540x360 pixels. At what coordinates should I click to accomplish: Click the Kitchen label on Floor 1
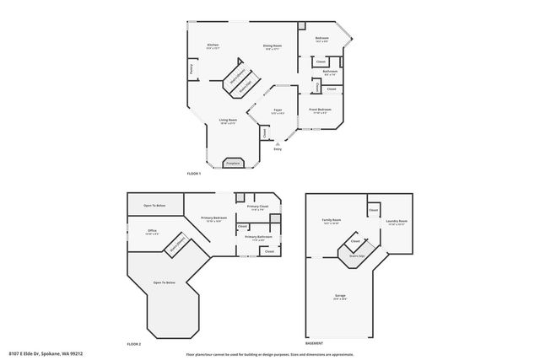(213, 45)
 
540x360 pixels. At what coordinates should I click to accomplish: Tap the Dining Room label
(272, 46)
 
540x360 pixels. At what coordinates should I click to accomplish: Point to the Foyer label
(277, 110)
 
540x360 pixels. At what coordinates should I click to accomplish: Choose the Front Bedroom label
(320, 110)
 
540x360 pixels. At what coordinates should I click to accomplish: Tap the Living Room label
(228, 120)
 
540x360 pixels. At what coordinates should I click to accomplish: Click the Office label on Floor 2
(152, 230)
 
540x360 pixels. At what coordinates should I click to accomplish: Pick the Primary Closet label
(257, 207)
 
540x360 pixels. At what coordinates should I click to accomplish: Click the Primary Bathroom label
(258, 237)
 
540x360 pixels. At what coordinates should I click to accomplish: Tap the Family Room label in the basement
(330, 221)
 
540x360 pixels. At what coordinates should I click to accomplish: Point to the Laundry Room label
(397, 222)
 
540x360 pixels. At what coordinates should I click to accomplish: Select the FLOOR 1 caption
(195, 174)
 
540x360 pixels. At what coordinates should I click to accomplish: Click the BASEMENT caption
(314, 344)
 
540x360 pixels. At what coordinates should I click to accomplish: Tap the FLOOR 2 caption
(133, 344)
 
